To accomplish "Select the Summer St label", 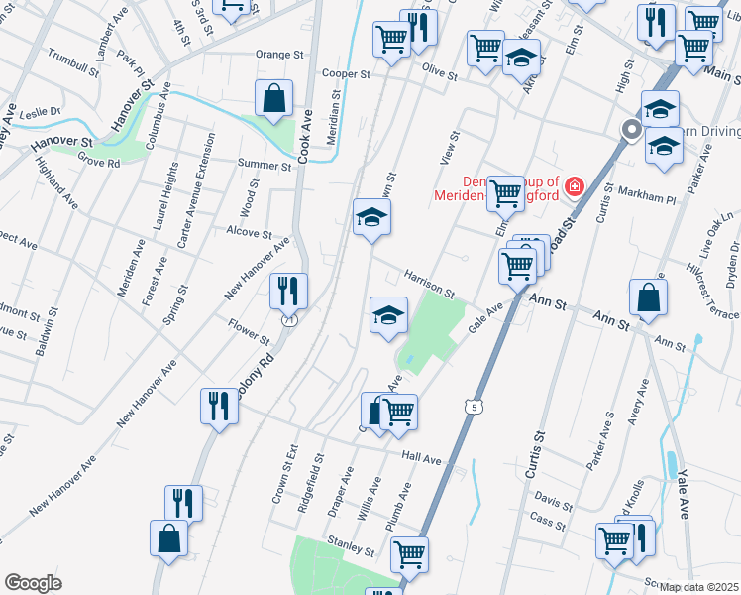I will click(x=264, y=165).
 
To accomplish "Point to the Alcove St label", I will click(x=250, y=234).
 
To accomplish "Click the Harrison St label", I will click(x=428, y=284).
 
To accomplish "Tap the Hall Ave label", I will click(x=421, y=459).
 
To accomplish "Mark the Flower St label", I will click(x=249, y=330).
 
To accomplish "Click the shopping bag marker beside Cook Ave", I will click(x=273, y=99).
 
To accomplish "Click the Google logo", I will click(x=33, y=583).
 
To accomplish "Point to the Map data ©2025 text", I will click(x=699, y=587).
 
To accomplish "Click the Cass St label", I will click(x=545, y=519).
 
